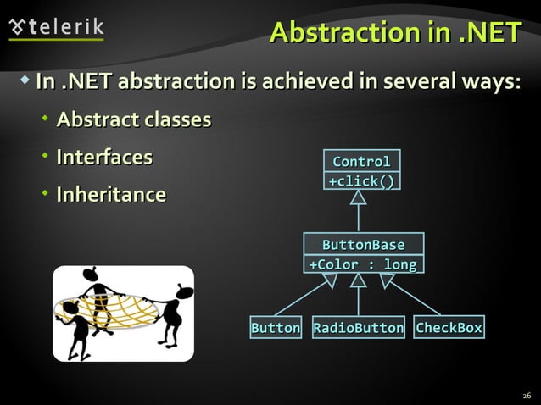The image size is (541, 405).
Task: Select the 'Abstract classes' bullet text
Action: [133, 119]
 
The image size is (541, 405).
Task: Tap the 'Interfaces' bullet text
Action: [104, 157]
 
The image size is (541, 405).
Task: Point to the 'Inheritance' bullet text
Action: [110, 195]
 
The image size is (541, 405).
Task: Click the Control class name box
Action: [361, 161]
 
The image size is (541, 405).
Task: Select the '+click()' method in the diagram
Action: [361, 180]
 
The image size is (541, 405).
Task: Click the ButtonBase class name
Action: [363, 245]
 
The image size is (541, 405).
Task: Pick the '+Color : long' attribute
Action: [363, 264]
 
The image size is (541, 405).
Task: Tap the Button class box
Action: [276, 328]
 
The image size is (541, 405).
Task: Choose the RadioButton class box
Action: [358, 328]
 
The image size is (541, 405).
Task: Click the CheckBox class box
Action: [449, 328]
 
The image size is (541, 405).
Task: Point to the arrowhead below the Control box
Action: [359, 197]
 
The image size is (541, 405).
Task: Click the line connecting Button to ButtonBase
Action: [301, 298]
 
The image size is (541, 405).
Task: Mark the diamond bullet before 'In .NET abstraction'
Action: [25, 81]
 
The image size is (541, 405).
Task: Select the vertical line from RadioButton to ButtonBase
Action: [359, 301]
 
